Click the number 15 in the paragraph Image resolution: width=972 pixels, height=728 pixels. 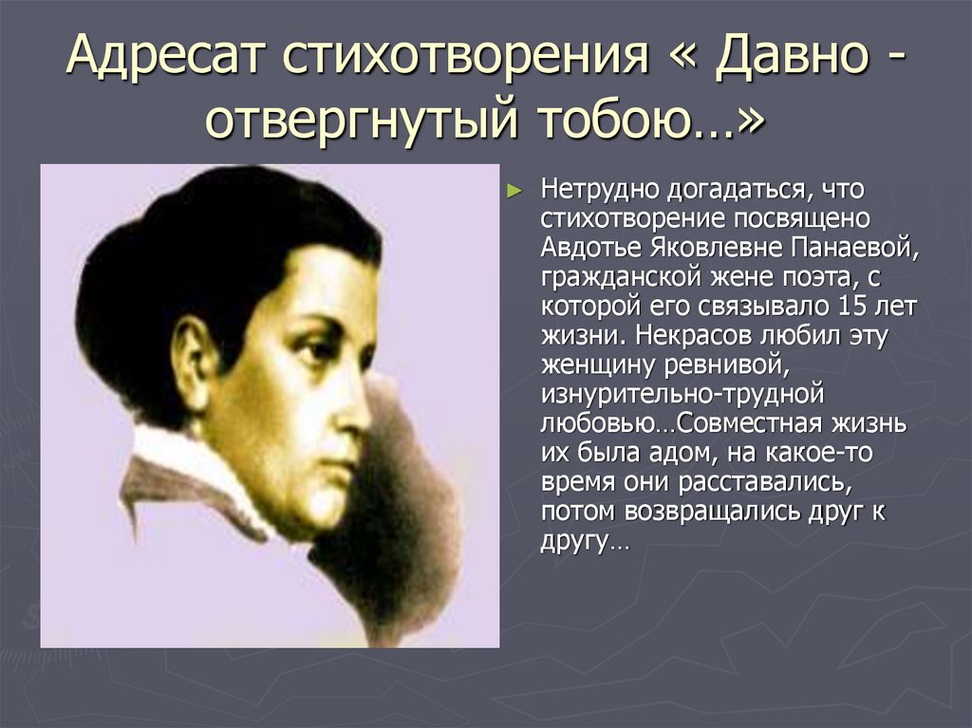point(854,308)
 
